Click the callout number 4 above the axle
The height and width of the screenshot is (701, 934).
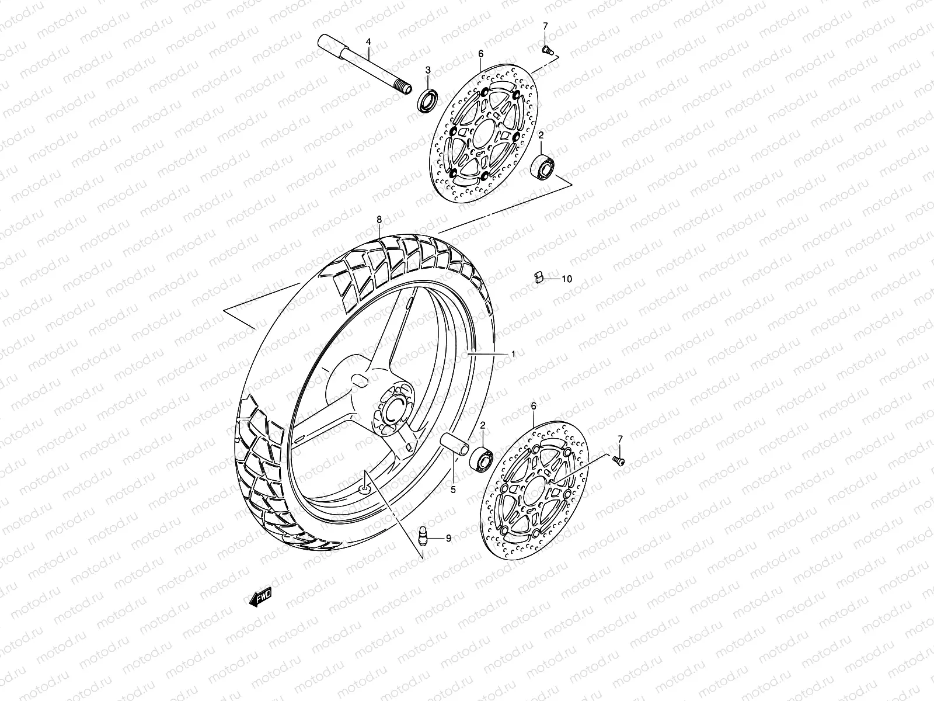[x=368, y=41]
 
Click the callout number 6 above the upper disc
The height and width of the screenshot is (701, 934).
[x=481, y=54]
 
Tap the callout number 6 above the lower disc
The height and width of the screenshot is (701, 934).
[x=533, y=405]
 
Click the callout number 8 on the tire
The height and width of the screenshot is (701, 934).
[x=379, y=220]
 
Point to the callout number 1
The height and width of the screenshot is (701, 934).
[x=513, y=354]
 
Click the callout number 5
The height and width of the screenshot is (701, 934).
[x=452, y=490]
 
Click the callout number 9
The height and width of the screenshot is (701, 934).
[x=448, y=539]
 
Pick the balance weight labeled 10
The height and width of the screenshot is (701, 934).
[x=539, y=276]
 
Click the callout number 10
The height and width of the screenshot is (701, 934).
[x=567, y=279]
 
